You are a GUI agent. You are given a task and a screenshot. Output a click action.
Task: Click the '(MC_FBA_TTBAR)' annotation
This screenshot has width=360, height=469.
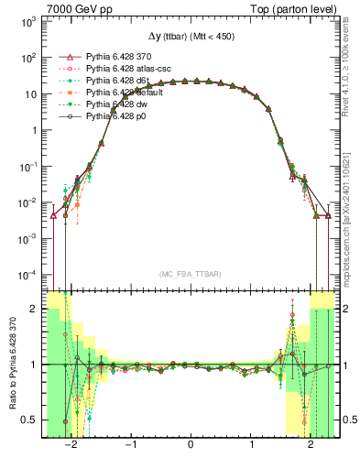pyautogui.click(x=190, y=274)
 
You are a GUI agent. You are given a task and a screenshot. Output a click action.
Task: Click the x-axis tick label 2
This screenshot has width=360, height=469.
pyautogui.click(x=311, y=445)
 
